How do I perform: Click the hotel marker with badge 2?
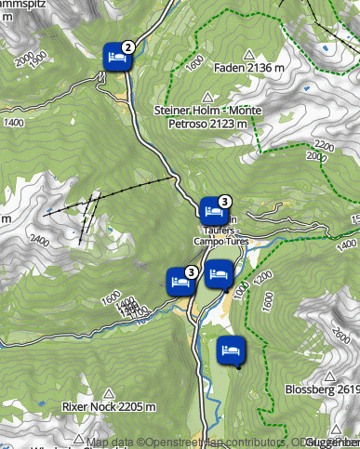tap(115, 57)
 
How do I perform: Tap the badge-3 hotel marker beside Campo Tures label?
tap(212, 210)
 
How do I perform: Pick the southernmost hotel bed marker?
tap(230, 350)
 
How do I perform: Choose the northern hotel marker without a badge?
tap(218, 274)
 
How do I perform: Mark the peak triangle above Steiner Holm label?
tap(207, 97)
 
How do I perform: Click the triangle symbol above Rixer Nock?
tap(110, 393)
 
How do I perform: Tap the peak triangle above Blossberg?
tap(330, 376)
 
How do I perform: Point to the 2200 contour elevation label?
tap(325, 146)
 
